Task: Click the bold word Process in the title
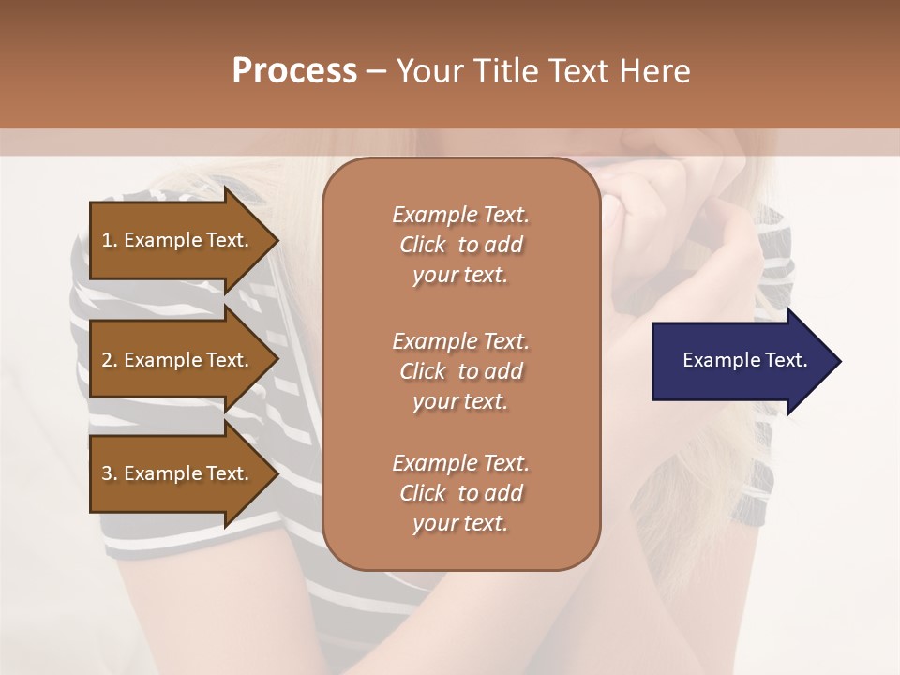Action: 294,71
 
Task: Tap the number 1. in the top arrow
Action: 110,240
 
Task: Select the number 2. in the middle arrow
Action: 110,360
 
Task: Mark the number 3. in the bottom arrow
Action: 110,473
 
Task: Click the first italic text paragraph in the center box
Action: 460,245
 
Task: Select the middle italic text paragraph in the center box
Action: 460,370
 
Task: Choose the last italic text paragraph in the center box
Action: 460,493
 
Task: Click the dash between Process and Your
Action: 376,71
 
